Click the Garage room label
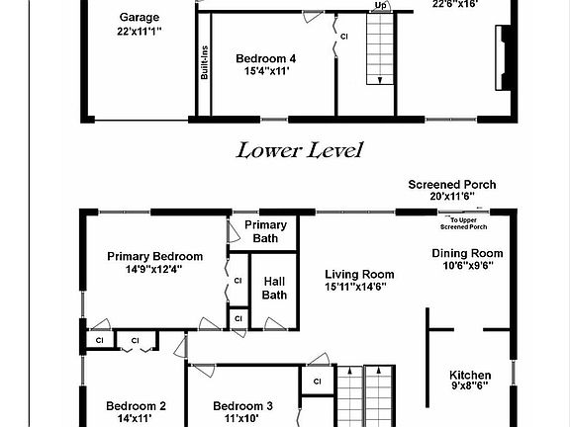coord(140,18)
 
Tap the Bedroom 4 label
coord(265,58)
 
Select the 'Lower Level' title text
coord(299,150)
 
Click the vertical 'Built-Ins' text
coord(205,63)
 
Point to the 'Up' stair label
coord(381,5)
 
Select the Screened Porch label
coord(452,185)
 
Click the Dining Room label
coord(467,253)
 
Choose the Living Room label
coord(360,275)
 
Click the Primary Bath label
coord(265,231)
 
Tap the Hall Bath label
coord(274,287)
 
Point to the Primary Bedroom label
coord(154,256)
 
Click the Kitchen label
coord(470,375)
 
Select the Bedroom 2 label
coord(136,405)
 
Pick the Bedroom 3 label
coord(242,405)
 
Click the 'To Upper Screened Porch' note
coord(465,220)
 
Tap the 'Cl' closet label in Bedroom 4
coord(344,37)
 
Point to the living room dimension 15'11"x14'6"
coord(360,287)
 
